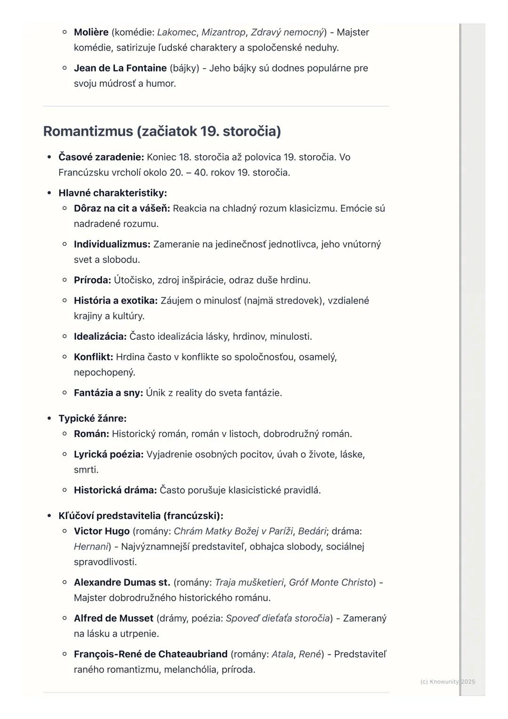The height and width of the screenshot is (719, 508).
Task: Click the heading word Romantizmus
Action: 88,131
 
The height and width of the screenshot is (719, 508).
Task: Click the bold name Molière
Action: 91,32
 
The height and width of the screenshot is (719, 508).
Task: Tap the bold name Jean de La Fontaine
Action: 120,68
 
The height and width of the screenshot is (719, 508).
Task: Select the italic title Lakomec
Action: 176,32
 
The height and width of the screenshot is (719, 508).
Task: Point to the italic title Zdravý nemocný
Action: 287,32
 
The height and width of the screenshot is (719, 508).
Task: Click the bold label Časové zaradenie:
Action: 101,157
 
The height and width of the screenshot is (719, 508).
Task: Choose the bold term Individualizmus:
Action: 112,244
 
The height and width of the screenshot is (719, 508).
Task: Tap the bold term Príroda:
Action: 92,280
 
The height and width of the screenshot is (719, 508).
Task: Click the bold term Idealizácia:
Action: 100,336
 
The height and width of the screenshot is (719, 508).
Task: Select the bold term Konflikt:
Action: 93,357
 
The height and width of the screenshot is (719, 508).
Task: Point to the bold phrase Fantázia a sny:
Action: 108,393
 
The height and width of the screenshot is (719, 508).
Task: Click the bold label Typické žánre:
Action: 92,418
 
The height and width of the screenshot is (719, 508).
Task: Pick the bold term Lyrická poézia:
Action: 109,455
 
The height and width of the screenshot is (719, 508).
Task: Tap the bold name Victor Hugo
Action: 102,531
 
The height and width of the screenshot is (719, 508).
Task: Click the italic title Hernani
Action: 91,547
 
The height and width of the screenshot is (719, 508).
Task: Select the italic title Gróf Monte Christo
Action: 331,583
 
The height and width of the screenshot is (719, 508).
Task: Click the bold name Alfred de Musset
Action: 113,618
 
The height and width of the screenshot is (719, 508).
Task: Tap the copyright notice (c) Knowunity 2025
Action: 447,682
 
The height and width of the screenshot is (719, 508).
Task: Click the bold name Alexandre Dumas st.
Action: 122,583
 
